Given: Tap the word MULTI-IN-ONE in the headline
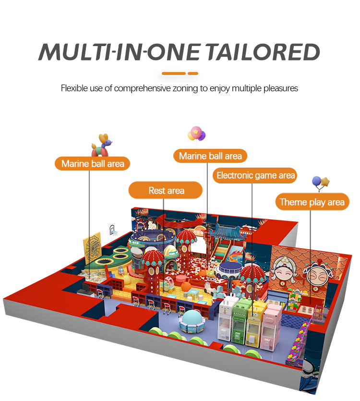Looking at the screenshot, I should coord(116,51).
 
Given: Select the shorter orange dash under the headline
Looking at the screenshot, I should coord(192,73).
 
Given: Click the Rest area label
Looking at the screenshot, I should coord(166,191).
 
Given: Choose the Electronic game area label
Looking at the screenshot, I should coord(255,175).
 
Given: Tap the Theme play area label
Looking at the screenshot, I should coord(312,202).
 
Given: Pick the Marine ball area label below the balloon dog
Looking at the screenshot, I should coord(93,164).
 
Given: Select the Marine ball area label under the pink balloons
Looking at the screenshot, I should coord(210,156).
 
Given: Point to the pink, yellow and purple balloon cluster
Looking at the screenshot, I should coord(196,134).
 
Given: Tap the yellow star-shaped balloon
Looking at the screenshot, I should coord(325,182).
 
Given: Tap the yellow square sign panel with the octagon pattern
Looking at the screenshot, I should coord(93,247).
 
